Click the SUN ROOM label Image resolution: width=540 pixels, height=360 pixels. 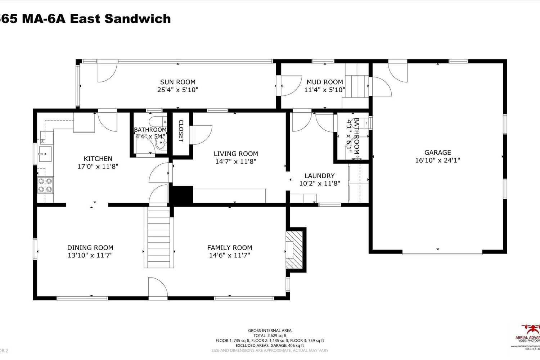178,82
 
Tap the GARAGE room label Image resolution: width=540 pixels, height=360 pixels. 437,153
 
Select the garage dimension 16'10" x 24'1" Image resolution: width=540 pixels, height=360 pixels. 437,161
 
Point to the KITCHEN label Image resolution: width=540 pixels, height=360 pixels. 98,159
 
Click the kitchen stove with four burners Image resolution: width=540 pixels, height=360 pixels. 45,185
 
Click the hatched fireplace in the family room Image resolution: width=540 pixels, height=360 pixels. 294,250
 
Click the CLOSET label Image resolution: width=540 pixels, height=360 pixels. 181,131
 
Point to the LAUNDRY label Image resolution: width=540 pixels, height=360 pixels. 319,176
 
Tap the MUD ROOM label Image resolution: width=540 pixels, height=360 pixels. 325,82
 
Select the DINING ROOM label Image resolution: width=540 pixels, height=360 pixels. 90,248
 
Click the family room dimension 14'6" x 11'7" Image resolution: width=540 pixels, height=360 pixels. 230,256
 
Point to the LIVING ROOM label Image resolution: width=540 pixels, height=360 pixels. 236,154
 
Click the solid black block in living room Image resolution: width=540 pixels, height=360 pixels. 181,195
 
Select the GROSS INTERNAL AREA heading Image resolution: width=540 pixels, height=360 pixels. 270,330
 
